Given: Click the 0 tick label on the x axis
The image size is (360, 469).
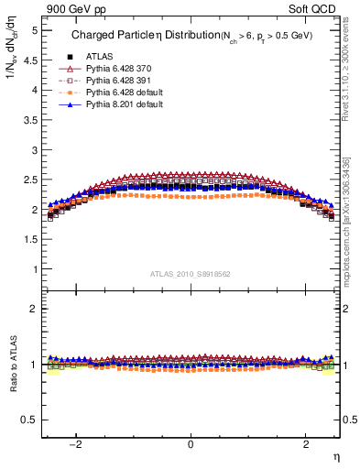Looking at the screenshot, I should pyautogui.click(x=191, y=444).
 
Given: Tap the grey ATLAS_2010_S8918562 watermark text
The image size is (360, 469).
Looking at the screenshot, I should pyautogui.click(x=191, y=273).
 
